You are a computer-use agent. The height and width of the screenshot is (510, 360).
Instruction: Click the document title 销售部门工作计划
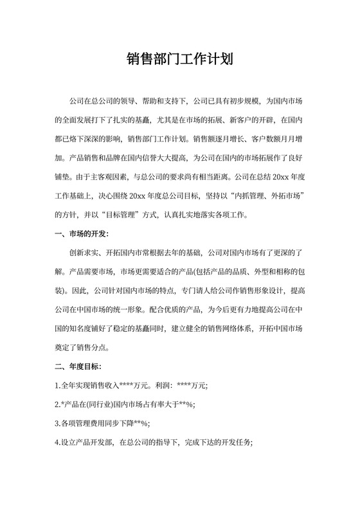(180, 61)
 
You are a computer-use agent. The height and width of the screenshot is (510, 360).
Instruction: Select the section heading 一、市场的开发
(82, 233)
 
